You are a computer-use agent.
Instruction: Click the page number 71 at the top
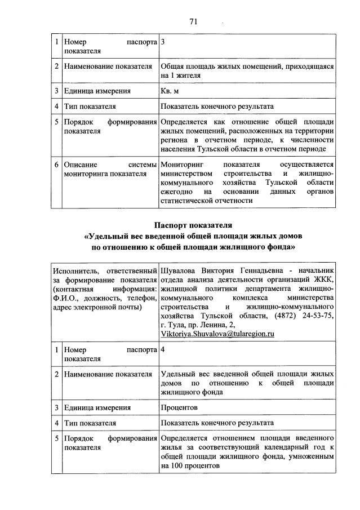(x=193, y=22)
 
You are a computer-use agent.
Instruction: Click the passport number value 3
(x=163, y=42)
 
